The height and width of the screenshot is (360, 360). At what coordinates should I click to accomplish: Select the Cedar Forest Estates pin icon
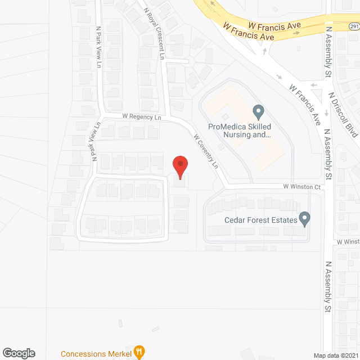304,218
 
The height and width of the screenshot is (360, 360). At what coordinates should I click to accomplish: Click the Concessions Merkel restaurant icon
138,353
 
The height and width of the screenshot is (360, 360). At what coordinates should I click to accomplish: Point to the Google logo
18,353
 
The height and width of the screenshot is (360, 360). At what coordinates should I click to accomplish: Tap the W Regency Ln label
142,117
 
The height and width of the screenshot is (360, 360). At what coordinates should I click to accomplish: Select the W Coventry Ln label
205,152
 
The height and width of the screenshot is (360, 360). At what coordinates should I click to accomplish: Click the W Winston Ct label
301,187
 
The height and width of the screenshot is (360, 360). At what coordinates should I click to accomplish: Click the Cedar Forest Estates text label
260,219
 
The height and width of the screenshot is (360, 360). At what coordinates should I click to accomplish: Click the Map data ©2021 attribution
335,355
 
